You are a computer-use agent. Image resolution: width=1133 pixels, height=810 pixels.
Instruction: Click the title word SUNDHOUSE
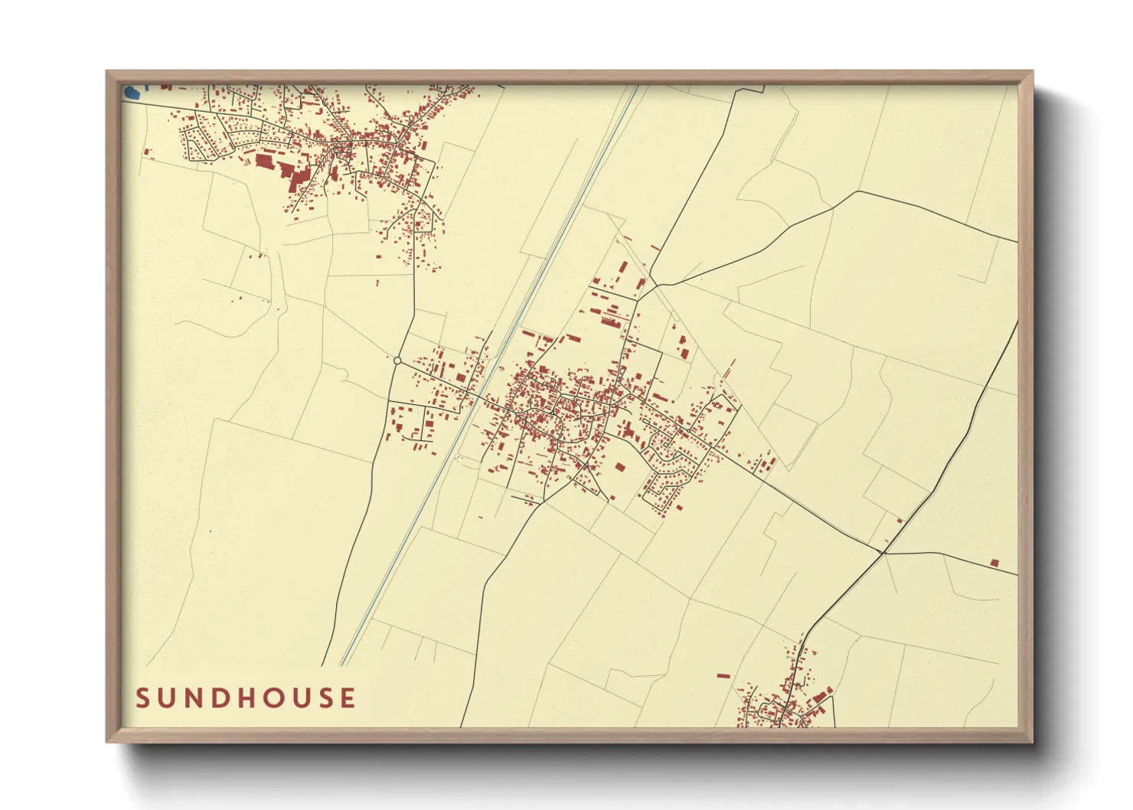click(x=246, y=698)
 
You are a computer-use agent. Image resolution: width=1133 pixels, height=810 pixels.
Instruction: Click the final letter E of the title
click(x=349, y=698)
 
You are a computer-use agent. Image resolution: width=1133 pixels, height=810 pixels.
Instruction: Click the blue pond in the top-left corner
click(x=132, y=93)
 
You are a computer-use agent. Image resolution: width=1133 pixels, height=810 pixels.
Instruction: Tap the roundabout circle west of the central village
click(x=397, y=361)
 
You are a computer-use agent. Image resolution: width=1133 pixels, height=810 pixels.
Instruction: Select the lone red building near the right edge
click(x=994, y=563)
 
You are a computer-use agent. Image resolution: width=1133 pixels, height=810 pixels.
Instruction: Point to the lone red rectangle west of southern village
click(x=723, y=675)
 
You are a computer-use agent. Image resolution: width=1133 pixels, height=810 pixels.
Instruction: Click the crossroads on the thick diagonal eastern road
click(x=883, y=551)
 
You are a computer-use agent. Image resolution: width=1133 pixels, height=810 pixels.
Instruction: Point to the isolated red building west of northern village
click(x=146, y=152)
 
